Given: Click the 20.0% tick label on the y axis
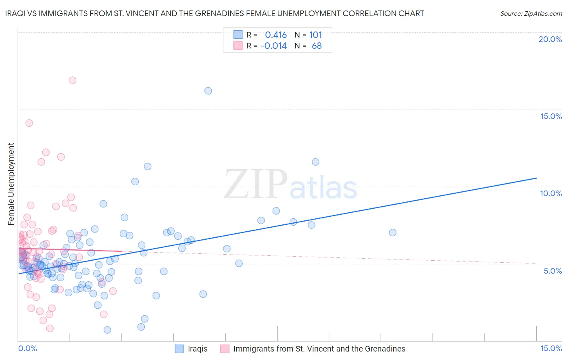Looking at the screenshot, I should (550, 39).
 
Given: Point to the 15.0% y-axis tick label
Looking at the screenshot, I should (551, 116).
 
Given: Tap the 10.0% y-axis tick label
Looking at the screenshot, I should (551, 193).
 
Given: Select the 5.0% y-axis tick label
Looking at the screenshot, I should (552, 271).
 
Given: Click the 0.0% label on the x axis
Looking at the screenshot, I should (27, 348).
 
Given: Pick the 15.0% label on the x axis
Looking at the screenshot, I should (551, 348).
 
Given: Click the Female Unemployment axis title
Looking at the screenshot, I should (11, 184).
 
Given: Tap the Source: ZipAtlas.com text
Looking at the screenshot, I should (531, 13).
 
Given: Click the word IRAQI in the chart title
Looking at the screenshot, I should (17, 13).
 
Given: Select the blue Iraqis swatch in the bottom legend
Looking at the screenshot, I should (179, 349).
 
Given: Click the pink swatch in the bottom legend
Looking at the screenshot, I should (225, 349).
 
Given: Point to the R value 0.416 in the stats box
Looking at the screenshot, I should (276, 35).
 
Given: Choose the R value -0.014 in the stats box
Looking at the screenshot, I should (273, 46).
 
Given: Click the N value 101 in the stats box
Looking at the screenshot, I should (315, 35).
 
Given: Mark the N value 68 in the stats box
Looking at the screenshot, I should (317, 46).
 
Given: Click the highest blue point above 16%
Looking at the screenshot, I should (208, 91).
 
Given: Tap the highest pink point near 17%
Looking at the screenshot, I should (73, 80).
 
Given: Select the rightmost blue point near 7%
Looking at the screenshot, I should (392, 232).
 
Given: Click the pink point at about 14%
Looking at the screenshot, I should (29, 123).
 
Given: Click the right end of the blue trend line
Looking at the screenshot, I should (536, 178).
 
